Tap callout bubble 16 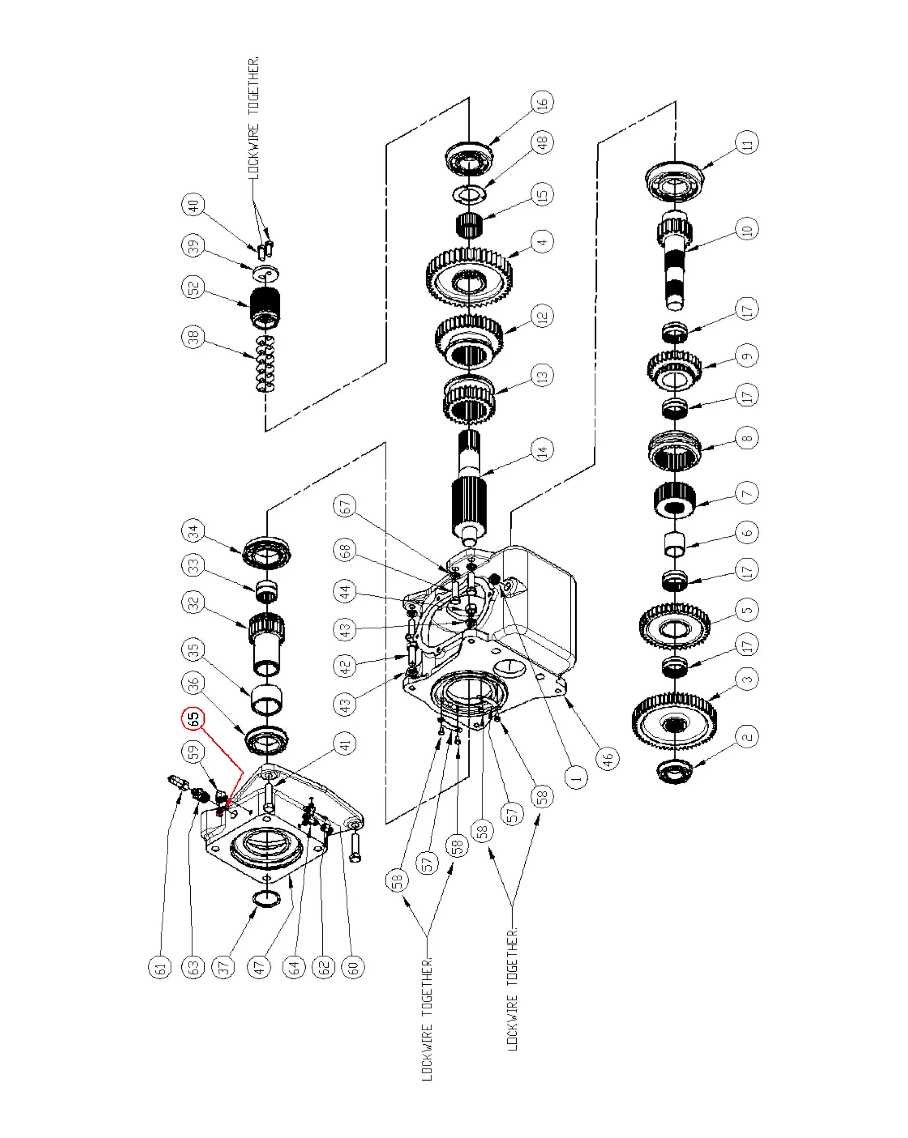coord(542,102)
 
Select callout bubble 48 coord(543,142)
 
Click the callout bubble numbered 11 coord(747,143)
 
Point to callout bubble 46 coord(608,759)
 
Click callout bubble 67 coord(345,506)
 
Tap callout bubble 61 coord(160,968)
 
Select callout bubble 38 coord(193,336)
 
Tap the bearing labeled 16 coord(469,158)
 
